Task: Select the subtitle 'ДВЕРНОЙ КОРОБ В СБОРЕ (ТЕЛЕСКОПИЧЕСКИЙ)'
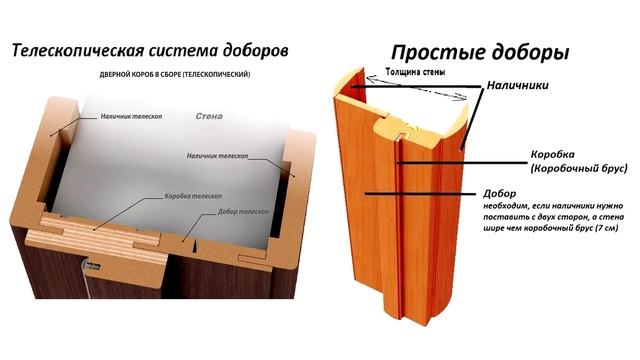pos(174,76)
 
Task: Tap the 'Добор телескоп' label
pos(239,213)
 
